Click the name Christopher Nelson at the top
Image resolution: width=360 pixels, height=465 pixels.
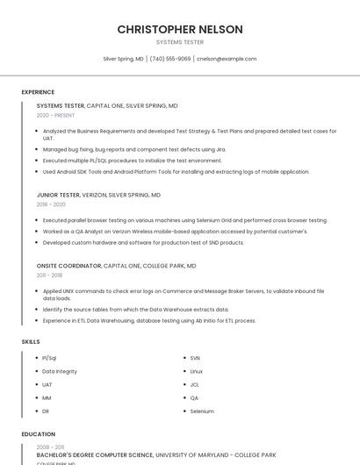pos(180,29)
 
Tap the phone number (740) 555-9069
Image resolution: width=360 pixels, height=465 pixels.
pos(170,59)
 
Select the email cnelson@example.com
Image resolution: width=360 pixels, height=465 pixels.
pos(227,59)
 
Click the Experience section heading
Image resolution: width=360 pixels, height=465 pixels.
pos(38,92)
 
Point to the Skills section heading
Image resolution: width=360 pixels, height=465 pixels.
pos(31,341)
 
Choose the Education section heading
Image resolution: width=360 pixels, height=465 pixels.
pos(38,434)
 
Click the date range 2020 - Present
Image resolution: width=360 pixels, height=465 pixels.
pos(55,115)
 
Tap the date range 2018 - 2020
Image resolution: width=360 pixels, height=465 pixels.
pos(52,204)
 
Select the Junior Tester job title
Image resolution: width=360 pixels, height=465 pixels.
pos(58,195)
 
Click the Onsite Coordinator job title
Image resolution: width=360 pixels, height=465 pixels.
pos(69,265)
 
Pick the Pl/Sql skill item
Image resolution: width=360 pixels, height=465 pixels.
pos(49,358)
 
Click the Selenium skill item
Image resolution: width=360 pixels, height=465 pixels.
pos(202,411)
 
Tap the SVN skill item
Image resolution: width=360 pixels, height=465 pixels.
pos(195,358)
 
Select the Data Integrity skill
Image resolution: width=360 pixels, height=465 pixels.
pos(60,371)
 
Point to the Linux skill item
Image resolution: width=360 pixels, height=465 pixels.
pos(197,371)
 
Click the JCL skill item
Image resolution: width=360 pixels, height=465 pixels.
pos(195,384)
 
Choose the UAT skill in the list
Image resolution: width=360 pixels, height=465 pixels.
pos(47,384)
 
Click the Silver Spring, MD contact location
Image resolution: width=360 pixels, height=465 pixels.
pos(123,59)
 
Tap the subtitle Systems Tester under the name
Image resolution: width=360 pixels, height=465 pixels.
pos(180,42)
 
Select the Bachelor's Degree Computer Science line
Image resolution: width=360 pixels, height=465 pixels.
pos(95,455)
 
